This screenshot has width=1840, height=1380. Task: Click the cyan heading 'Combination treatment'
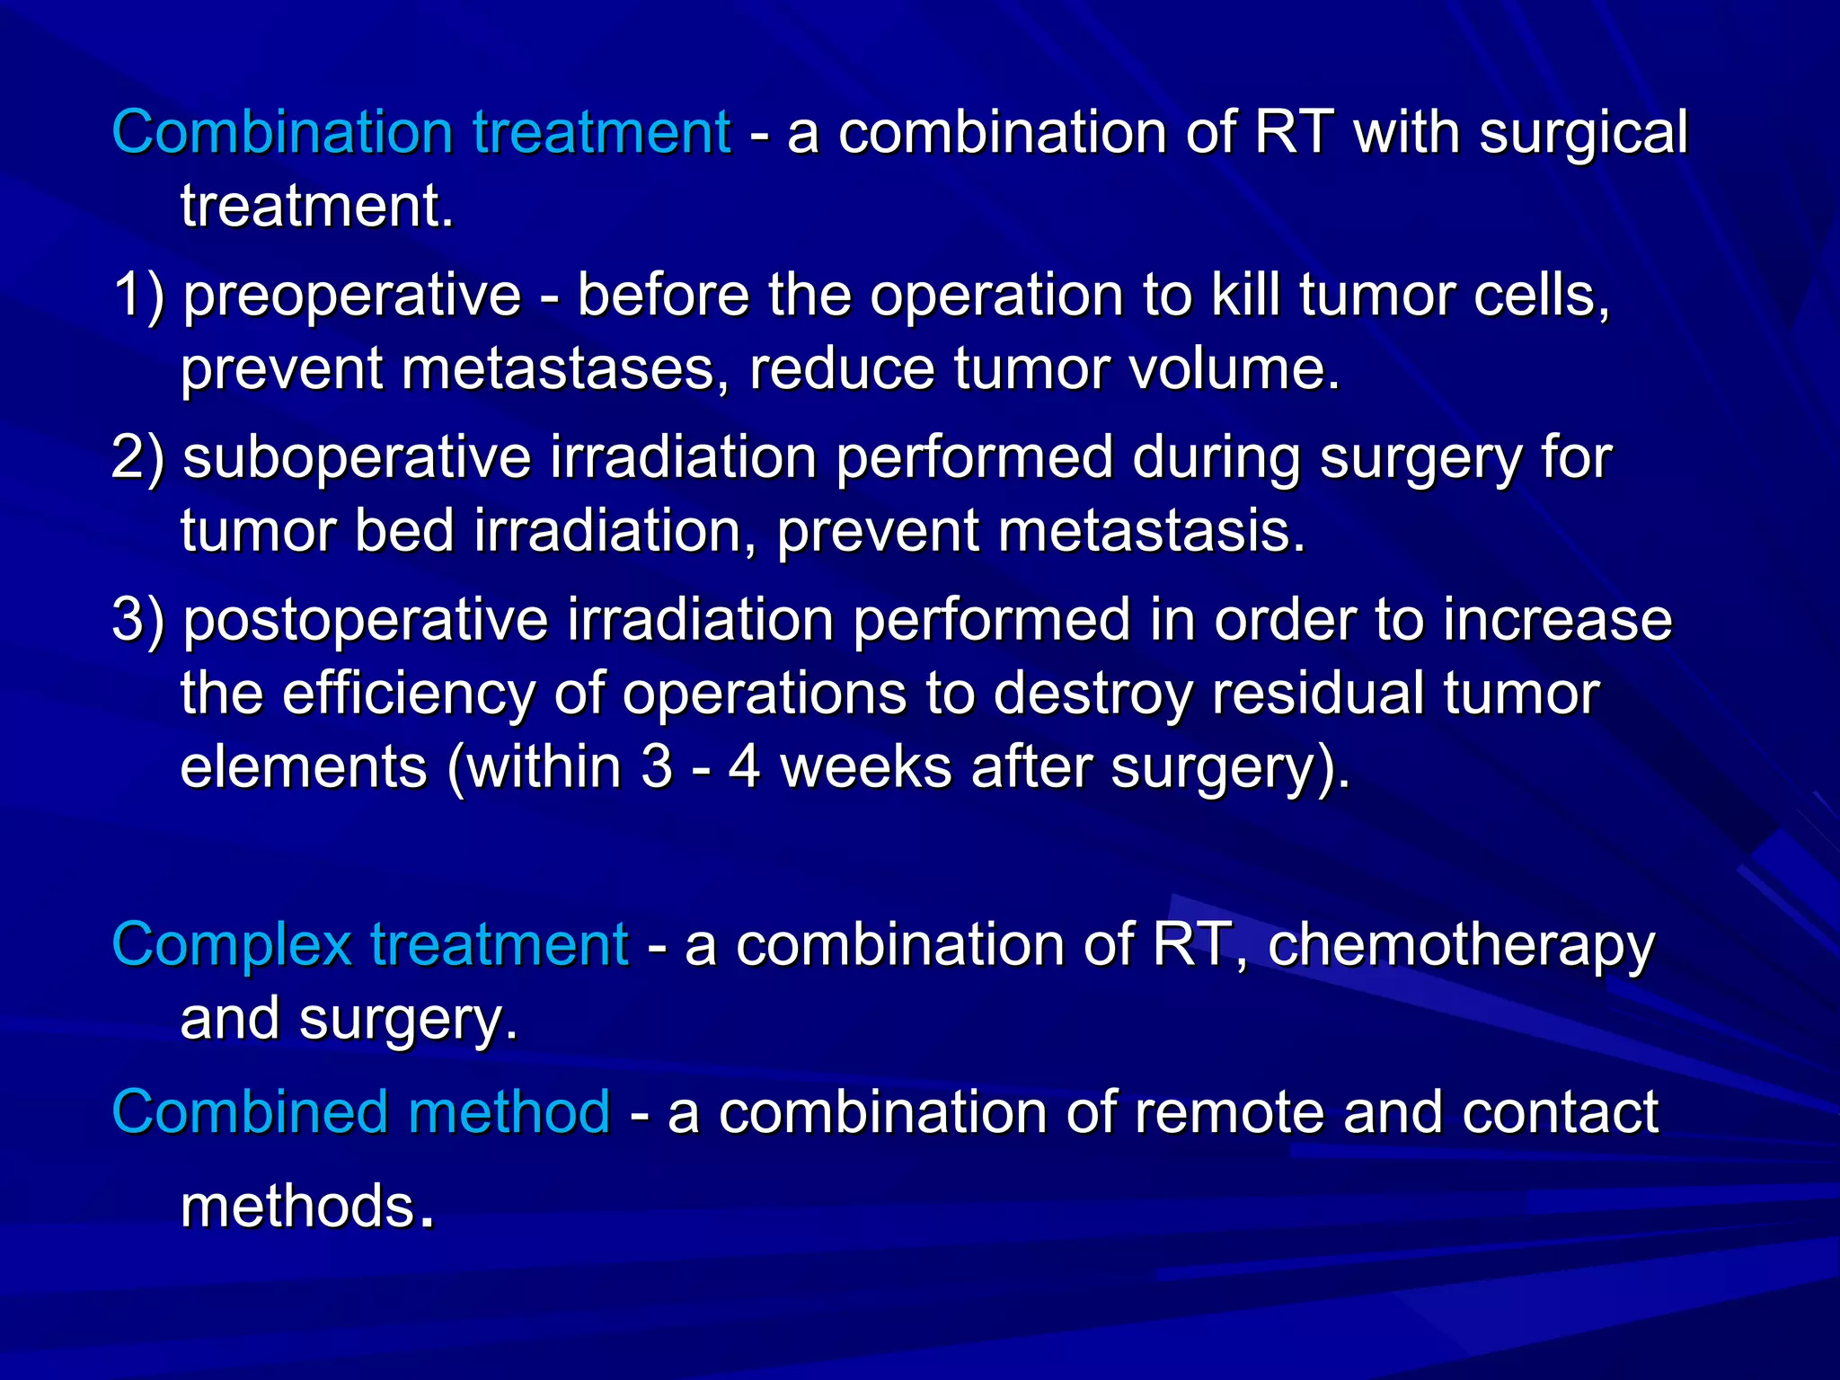tap(420, 132)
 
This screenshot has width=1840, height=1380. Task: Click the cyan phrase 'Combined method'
tap(360, 1111)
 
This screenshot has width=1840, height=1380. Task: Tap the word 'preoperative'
tap(352, 296)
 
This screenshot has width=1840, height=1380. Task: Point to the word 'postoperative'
tap(365, 621)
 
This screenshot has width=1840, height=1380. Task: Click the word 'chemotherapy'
tap(1460, 946)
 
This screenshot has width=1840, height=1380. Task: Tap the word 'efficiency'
tap(408, 694)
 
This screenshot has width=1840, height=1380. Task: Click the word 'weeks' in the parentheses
tap(865, 767)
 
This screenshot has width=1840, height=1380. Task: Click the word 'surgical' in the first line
tap(1583, 134)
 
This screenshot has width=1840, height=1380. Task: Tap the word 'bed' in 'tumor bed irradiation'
tap(404, 531)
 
